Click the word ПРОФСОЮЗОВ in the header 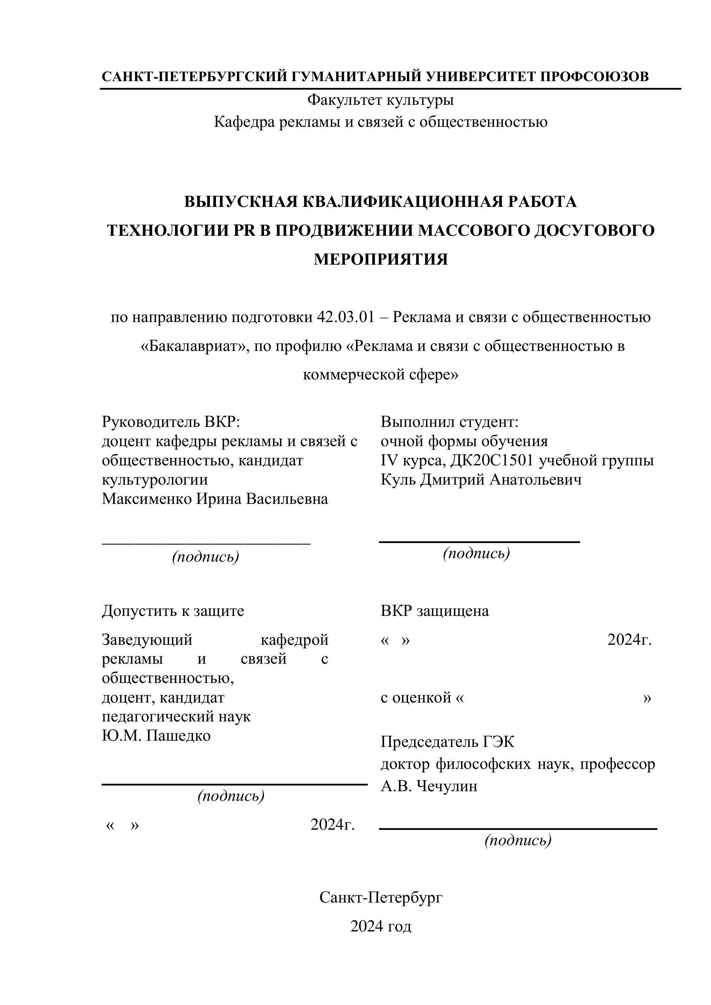(x=594, y=77)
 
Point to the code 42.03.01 (x=346, y=317)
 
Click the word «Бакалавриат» (x=194, y=346)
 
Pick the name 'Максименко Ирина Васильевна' (x=215, y=499)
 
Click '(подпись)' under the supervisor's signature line (x=205, y=556)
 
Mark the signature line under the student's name (x=479, y=542)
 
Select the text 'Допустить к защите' (x=173, y=611)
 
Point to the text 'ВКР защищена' (x=434, y=611)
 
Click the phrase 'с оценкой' (x=416, y=697)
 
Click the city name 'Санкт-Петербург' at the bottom (x=381, y=897)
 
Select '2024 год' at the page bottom (x=381, y=926)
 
